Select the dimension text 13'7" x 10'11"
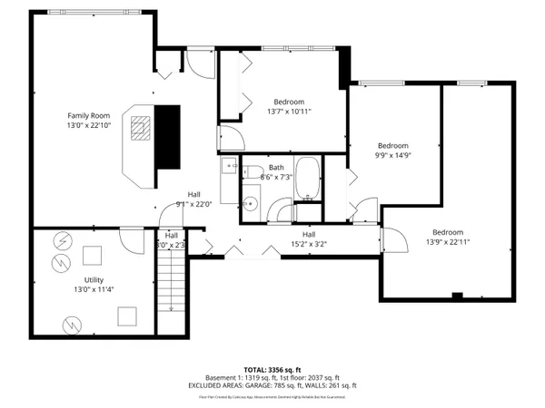(x=289, y=112)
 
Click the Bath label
(x=276, y=167)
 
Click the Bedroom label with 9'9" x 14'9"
(x=393, y=145)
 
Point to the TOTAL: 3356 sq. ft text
(x=272, y=370)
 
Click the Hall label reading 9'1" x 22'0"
(x=194, y=195)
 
